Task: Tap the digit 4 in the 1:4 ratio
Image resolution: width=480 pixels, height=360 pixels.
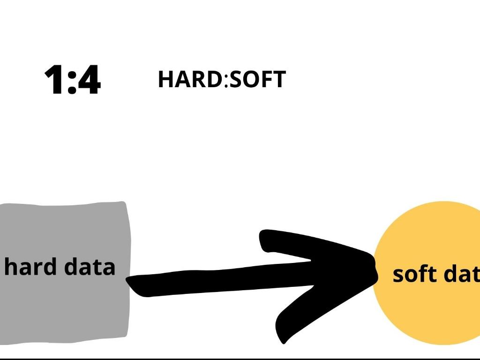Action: pyautogui.click(x=89, y=80)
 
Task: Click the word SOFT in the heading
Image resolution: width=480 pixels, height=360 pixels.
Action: pyautogui.click(x=257, y=79)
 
